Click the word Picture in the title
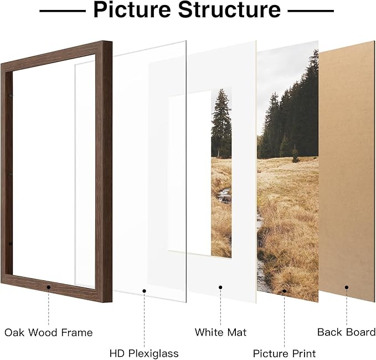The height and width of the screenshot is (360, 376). click(132, 10)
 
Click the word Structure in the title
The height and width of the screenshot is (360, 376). click(229, 9)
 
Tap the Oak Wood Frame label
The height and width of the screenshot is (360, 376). click(49, 332)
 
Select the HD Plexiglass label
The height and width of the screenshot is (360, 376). click(144, 353)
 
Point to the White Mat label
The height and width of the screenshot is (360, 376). click(220, 332)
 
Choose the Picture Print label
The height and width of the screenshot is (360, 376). click(285, 353)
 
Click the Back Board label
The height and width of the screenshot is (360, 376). click(346, 332)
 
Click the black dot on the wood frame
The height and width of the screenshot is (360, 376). click(49, 287)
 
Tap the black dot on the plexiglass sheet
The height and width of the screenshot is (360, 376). click(144, 291)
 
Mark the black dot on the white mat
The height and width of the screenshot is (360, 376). click(220, 287)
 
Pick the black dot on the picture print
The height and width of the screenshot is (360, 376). click(285, 291)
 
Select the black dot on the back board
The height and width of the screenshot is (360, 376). click(347, 287)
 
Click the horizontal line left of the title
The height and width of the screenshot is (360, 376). click(63, 11)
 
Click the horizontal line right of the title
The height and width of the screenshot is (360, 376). click(311, 11)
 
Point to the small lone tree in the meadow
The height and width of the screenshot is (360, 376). click(295, 154)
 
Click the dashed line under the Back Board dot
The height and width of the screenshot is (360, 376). click(347, 307)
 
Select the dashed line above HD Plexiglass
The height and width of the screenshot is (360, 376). click(144, 320)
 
